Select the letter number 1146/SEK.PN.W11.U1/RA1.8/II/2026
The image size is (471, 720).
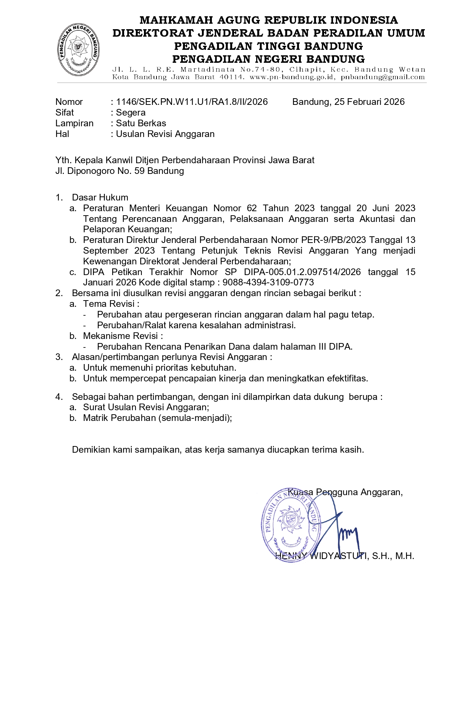pos(192,102)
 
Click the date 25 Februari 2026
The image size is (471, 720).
pos(369,102)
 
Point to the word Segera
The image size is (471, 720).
pos(131,113)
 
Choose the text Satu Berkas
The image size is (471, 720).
pos(141,123)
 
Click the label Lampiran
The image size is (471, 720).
pos(74,123)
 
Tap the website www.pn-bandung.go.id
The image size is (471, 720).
pos(292,77)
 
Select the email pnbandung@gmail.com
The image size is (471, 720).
pos(383,77)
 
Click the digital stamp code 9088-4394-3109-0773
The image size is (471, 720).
pos(268,282)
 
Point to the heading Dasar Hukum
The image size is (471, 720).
pos(100,198)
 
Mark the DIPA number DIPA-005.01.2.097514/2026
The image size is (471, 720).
pos(302,272)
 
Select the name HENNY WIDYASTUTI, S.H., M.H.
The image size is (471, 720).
pos(345,556)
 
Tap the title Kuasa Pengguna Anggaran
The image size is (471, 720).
pos(345,492)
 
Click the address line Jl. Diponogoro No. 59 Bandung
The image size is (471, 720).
pos(120,171)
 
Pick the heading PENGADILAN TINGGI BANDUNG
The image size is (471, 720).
pos(268,46)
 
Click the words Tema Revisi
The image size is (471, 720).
pos(109,304)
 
